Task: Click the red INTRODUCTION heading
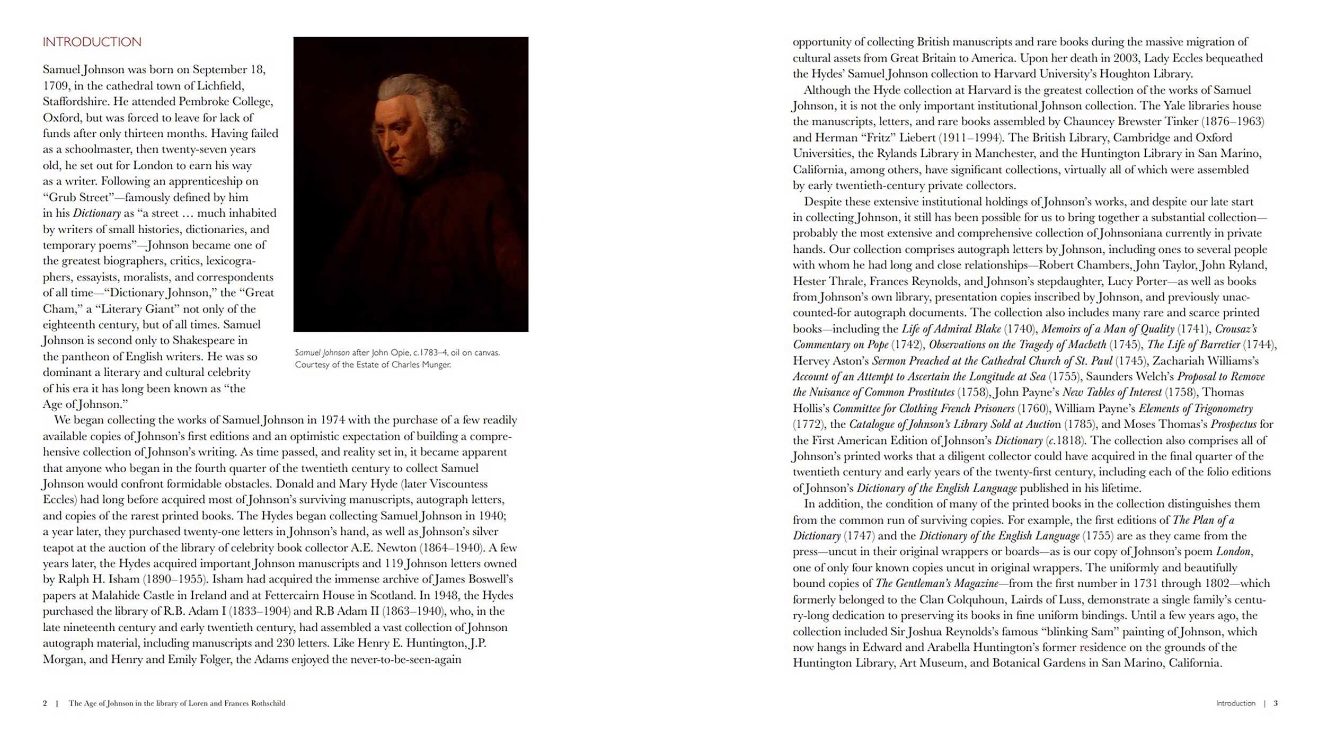(92, 42)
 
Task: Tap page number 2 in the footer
(45, 703)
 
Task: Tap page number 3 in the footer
(1276, 703)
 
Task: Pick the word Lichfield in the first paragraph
(220, 86)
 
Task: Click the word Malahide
(116, 596)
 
